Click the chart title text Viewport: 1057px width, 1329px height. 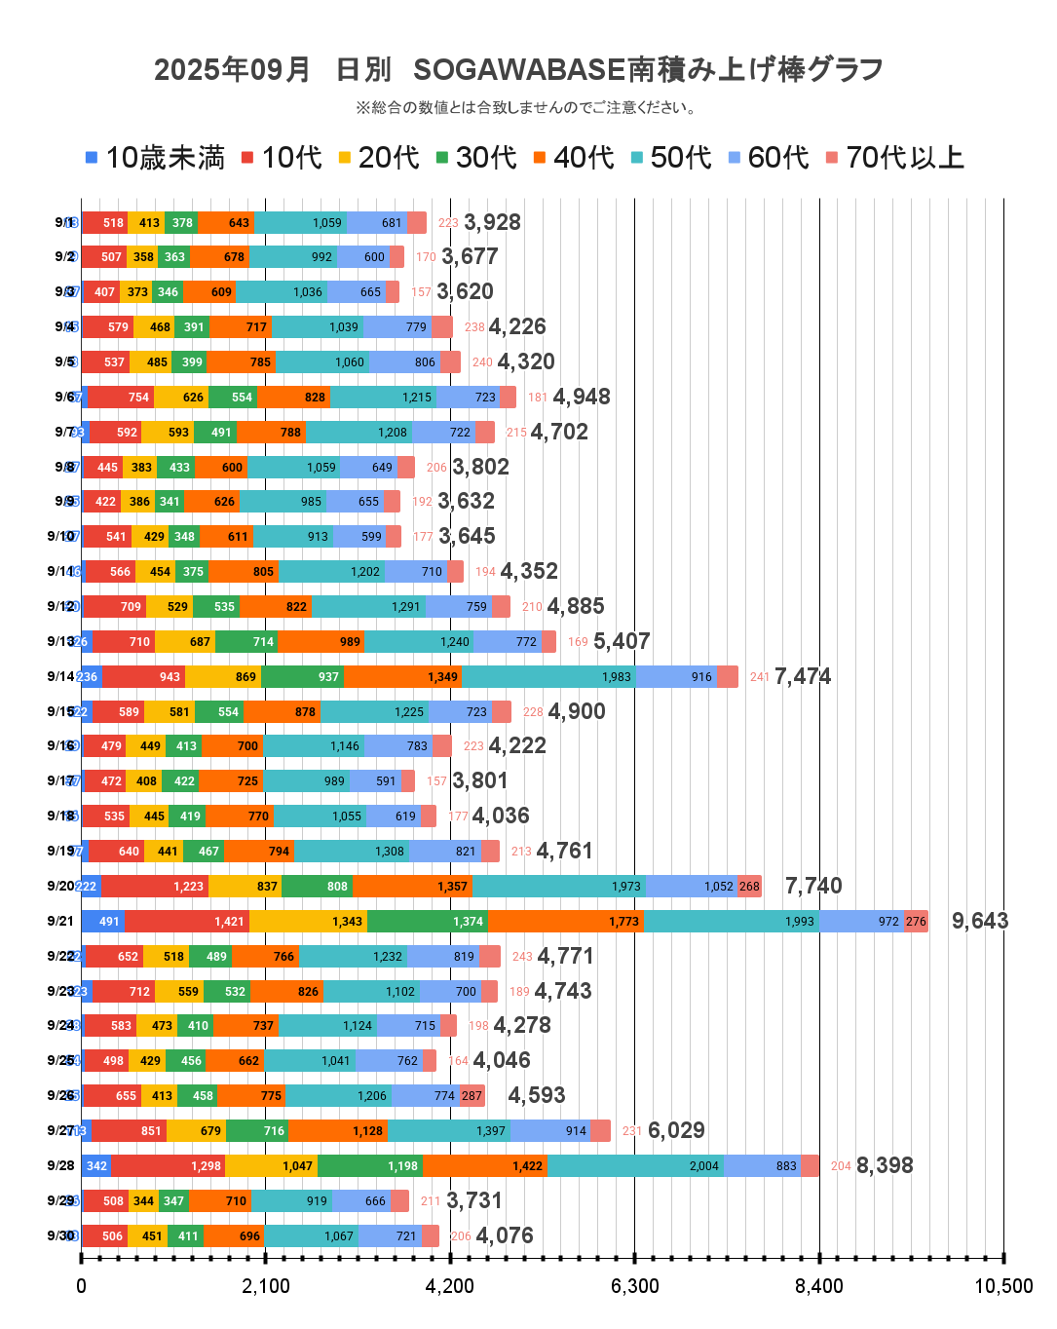pyautogui.click(x=518, y=69)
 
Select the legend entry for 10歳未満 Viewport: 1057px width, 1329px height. pyautogui.click(x=155, y=158)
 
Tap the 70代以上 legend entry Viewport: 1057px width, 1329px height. pyautogui.click(x=894, y=158)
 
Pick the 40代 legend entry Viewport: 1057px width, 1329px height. pyautogui.click(x=574, y=158)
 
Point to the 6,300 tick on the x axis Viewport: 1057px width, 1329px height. pyautogui.click(x=634, y=1286)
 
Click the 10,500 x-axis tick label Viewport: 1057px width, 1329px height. pyautogui.click(x=1003, y=1286)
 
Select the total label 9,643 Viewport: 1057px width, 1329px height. pyautogui.click(x=979, y=921)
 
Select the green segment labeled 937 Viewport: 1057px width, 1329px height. pyautogui.click(x=302, y=676)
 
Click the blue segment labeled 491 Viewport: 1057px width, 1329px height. pyautogui.click(x=102, y=921)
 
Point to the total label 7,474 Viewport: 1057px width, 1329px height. pyautogui.click(x=802, y=676)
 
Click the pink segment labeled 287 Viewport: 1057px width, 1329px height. pyautogui.click(x=472, y=1095)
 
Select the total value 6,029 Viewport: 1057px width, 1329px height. pyautogui.click(x=676, y=1130)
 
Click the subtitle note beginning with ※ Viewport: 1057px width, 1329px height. pyautogui.click(x=526, y=107)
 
